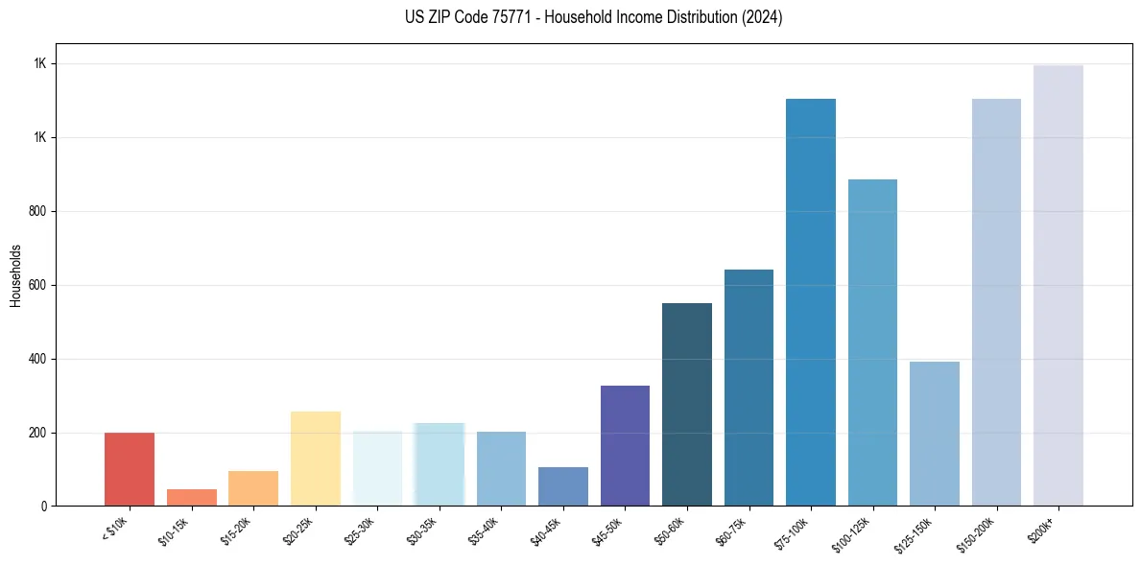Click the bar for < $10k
click(130, 469)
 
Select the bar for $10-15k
click(191, 497)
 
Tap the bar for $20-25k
click(316, 459)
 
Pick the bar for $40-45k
click(563, 486)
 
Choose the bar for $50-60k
click(687, 404)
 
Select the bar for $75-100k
click(811, 302)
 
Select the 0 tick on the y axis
click(43, 506)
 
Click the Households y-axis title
click(16, 274)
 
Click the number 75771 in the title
click(508, 17)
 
